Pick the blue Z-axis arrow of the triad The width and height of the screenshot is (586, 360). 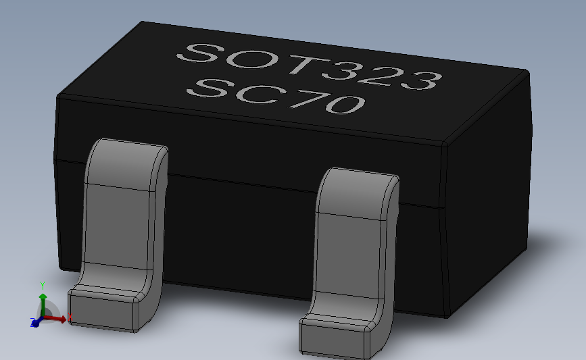coord(34,323)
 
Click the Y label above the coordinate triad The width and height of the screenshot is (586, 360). coord(42,284)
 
